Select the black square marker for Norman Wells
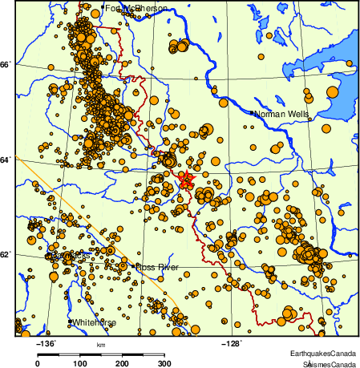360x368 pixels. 253,113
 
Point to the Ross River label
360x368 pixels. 157,266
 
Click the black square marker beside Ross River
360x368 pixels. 133,265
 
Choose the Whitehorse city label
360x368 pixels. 95,322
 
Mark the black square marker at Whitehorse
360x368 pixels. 71,321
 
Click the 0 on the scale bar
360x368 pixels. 37,363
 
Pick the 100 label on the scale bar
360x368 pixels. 79,363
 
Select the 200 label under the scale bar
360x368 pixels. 122,363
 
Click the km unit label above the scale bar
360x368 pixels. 101,344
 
